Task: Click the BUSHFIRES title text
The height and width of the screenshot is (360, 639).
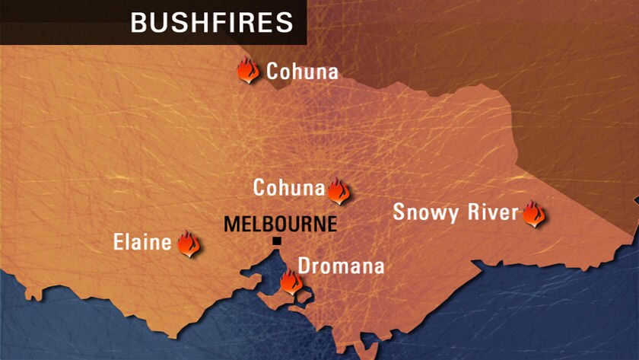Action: (211, 22)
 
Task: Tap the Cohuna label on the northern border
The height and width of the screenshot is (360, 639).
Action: (302, 72)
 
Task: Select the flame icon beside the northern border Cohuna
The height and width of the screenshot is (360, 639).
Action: (248, 70)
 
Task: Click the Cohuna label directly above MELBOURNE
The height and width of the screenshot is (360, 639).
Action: (288, 187)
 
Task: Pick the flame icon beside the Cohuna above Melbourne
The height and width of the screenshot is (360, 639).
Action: (338, 190)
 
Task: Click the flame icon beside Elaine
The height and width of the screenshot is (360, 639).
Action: (187, 244)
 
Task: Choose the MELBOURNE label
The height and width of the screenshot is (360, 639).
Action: (280, 225)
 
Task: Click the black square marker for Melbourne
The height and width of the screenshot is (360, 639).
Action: (277, 241)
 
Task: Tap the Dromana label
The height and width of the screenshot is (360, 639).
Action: (341, 266)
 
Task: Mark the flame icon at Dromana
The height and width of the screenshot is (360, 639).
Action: (290, 282)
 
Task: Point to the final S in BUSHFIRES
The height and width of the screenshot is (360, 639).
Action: (285, 22)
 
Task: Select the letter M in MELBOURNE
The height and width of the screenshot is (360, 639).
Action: (231, 225)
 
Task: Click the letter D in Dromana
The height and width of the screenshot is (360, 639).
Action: (304, 266)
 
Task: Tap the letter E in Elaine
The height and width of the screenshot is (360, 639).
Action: (119, 243)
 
